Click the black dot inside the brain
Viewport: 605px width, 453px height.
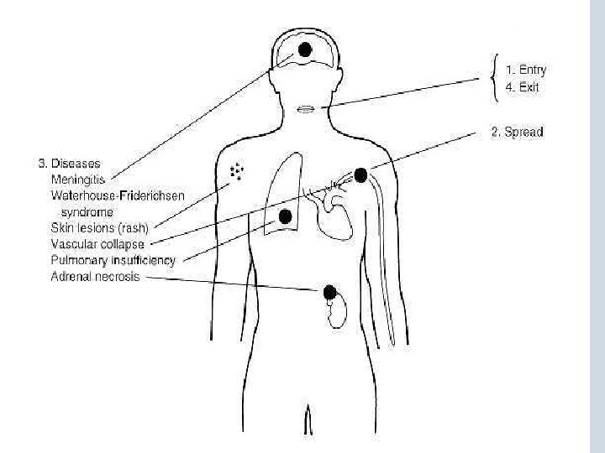304,49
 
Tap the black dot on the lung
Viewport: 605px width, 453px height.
286,216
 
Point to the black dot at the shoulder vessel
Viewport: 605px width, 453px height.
360,174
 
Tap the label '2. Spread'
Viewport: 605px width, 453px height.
517,132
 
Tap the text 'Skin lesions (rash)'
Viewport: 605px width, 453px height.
99,228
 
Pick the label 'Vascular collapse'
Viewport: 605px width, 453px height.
97,244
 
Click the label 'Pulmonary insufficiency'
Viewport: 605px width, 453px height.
113,260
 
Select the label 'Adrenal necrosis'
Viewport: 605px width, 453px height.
95,276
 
